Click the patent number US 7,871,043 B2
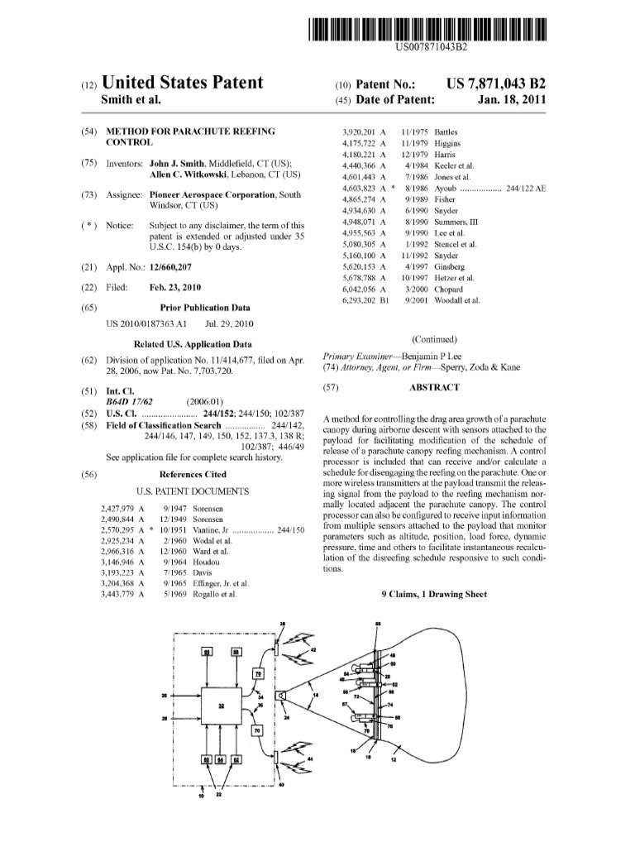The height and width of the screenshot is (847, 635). coord(496,84)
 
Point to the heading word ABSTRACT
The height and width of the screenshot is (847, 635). coord(434,387)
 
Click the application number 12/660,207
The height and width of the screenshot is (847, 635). coord(176,267)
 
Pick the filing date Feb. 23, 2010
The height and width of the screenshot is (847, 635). coord(175,287)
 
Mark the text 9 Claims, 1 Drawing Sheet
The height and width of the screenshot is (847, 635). coord(434,594)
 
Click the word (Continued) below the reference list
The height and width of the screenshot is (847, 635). coord(434,339)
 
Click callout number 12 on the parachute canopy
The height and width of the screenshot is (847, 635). coord(393,759)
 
